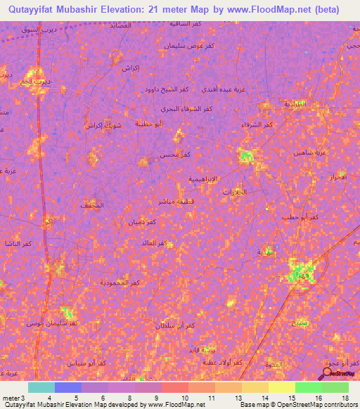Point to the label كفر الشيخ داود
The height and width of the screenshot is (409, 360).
coord(167,90)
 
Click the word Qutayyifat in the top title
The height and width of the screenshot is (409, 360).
coord(31,9)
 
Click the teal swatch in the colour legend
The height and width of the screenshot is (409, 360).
coord(41,387)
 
